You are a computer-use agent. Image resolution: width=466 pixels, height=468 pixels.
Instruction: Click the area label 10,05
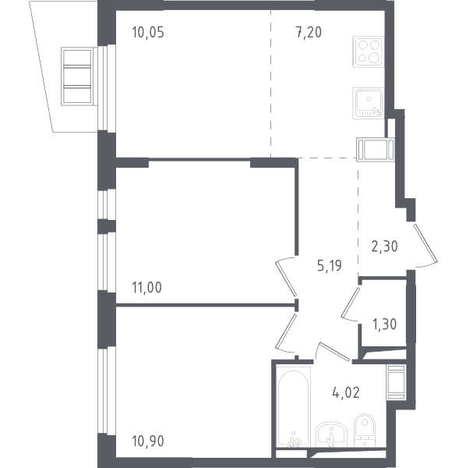[148, 32]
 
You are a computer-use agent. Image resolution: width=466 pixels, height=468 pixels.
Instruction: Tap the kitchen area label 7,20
[309, 32]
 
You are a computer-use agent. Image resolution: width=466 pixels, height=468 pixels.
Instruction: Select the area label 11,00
[147, 287]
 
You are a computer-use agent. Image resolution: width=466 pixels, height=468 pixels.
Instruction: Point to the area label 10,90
[148, 441]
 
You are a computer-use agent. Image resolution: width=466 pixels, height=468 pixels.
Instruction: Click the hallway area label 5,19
[330, 265]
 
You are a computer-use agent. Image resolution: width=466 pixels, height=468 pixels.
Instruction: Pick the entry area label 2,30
[385, 246]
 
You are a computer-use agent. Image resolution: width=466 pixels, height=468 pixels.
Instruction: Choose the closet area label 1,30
[385, 324]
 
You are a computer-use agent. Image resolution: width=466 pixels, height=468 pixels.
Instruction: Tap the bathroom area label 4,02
[346, 392]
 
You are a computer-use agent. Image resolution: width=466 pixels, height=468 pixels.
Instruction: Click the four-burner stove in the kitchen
[369, 51]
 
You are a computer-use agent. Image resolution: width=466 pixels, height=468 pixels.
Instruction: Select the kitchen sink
[369, 103]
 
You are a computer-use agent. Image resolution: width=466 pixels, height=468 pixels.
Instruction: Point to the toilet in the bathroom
[365, 430]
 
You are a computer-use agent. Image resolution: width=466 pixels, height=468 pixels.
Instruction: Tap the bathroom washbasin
[331, 434]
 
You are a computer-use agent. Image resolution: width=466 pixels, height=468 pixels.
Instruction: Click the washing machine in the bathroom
[396, 382]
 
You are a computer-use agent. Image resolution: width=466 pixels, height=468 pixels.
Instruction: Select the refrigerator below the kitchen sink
[376, 150]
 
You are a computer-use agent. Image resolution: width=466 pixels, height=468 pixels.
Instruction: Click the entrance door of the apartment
[425, 246]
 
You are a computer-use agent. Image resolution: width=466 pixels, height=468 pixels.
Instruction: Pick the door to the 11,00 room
[286, 278]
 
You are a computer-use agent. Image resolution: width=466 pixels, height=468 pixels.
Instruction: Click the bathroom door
[332, 351]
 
